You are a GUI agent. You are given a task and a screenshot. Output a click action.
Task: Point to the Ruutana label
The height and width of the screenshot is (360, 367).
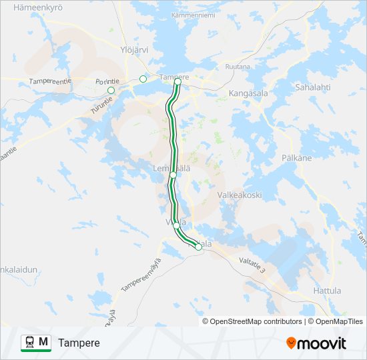point(238,67)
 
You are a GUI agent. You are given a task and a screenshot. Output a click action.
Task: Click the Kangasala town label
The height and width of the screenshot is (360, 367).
point(248,93)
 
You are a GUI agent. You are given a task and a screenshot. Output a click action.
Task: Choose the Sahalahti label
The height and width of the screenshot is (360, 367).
point(313,87)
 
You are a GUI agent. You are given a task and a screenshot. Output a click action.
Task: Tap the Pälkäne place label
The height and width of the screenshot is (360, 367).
point(297,158)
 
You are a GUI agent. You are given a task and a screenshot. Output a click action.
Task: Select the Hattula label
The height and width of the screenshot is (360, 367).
point(326,291)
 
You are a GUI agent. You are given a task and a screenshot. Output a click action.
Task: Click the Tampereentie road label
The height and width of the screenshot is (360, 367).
point(49,81)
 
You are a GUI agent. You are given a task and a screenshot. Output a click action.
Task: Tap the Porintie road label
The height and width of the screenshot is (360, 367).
point(107,81)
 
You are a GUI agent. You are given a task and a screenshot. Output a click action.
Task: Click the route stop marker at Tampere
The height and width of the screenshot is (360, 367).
point(177,83)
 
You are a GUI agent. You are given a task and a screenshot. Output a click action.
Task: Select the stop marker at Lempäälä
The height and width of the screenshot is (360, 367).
point(173,175)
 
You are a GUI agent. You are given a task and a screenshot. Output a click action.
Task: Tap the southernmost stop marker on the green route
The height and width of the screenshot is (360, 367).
point(198,247)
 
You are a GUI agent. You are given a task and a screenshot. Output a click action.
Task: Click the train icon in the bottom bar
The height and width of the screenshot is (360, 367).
point(29,343)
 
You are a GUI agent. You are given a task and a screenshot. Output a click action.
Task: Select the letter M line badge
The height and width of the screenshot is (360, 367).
point(43,342)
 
